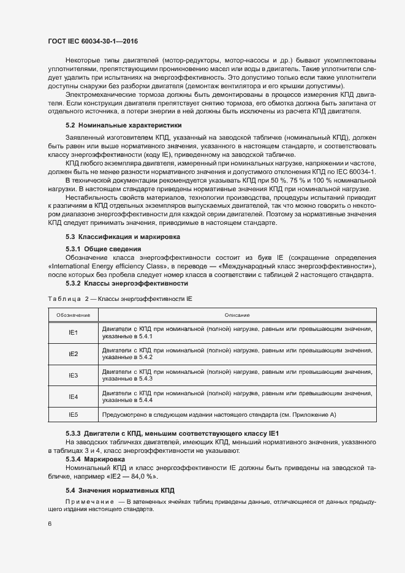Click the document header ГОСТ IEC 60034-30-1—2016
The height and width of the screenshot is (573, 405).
pos(93,40)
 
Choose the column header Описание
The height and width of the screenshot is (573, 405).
pos(237,315)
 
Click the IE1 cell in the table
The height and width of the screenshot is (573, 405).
pos(73,332)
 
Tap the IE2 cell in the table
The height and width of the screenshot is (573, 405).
pos(73,354)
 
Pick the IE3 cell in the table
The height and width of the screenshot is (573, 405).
pos(73,375)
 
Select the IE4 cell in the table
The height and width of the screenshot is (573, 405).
pos(73,396)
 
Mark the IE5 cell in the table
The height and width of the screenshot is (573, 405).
pos(73,415)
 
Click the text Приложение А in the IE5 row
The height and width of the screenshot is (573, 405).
pos(312,415)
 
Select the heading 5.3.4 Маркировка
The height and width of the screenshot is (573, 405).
pos(95,458)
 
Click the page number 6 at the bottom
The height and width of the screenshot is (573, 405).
pos(50,524)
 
